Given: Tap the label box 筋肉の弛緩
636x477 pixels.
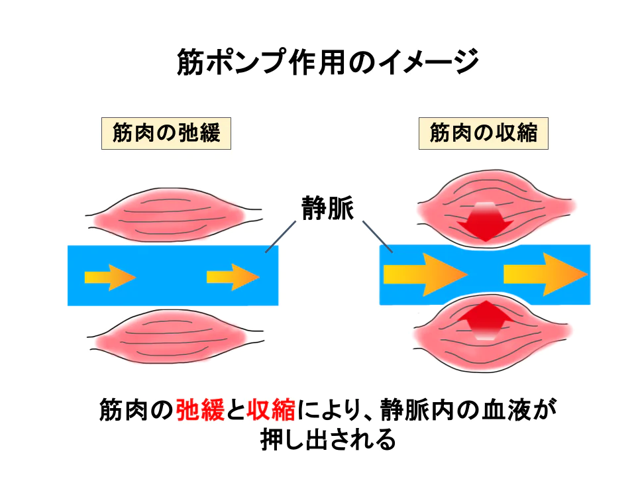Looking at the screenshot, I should (166, 133).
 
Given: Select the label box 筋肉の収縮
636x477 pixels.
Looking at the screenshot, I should (483, 133).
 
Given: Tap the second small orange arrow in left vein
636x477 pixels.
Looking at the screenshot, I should (233, 276).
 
